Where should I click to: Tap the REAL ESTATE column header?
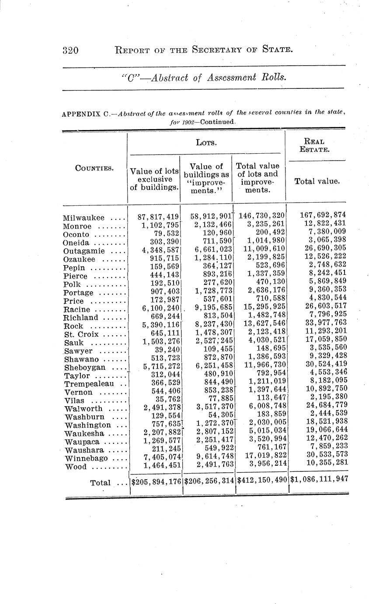coord(316,145)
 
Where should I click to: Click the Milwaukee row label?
coord(84,218)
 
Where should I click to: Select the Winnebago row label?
coord(85,458)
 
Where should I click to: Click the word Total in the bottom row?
coord(100,483)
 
